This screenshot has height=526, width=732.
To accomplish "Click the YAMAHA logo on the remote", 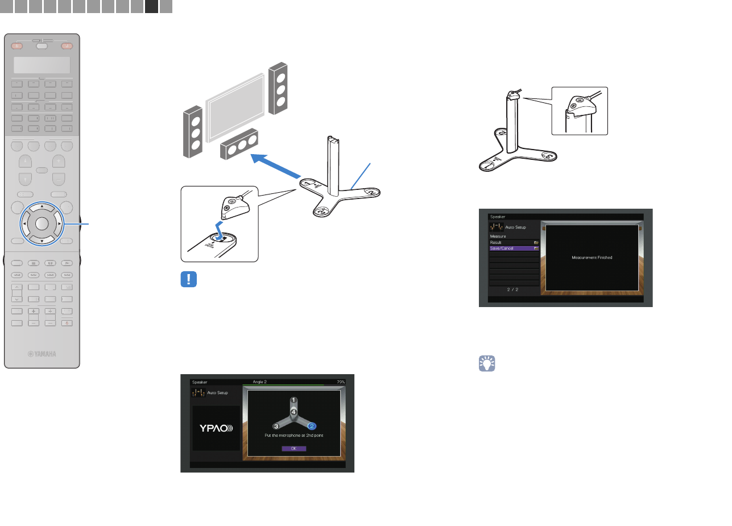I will click(43, 354).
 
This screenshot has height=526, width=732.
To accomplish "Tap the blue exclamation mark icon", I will click(188, 280).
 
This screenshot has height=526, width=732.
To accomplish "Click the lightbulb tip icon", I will click(487, 363).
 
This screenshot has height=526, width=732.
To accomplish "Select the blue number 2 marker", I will click(311, 425).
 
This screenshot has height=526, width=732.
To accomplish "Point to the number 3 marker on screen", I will click(276, 425).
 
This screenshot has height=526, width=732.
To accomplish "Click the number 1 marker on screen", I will click(293, 400).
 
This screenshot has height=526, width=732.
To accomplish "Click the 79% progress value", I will click(340, 382).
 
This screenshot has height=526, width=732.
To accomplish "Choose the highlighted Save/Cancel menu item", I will click(514, 248).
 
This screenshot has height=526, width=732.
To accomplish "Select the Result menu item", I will click(514, 242).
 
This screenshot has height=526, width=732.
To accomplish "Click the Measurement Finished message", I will click(592, 258).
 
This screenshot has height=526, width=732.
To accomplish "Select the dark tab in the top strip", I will click(151, 6).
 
